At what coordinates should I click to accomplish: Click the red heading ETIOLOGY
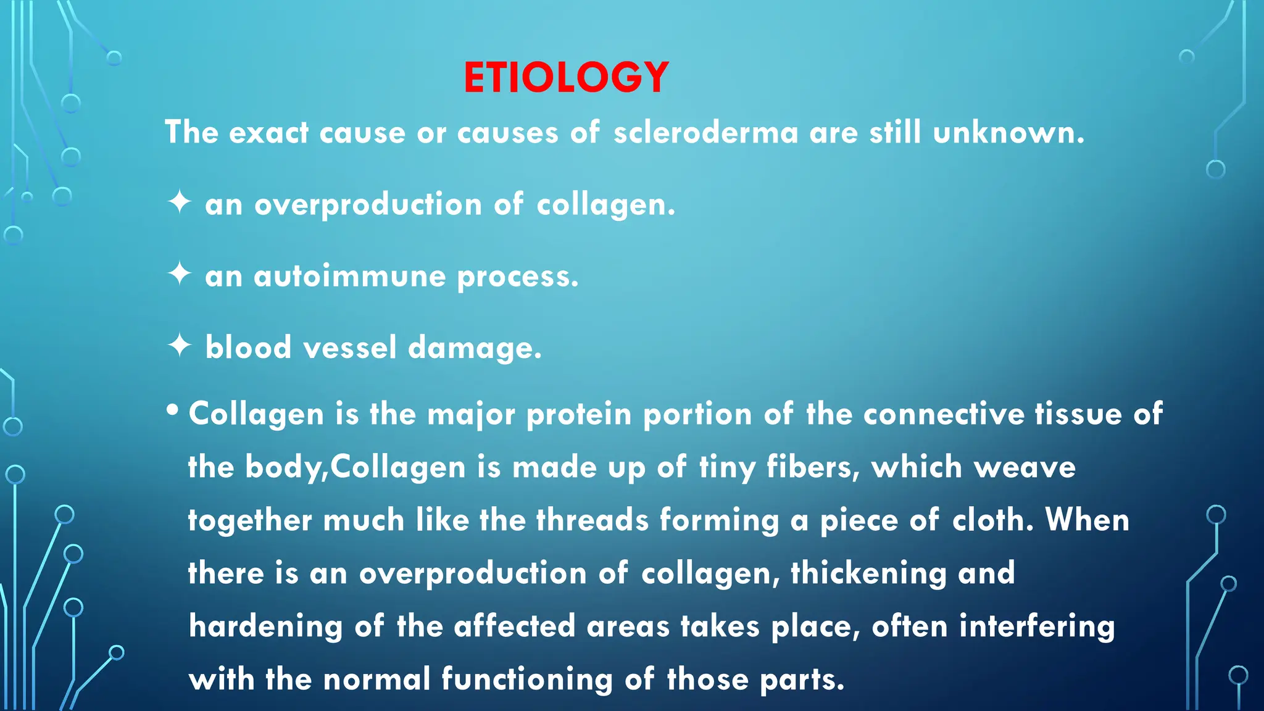566,78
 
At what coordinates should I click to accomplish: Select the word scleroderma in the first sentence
705,133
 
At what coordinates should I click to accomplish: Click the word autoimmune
349,276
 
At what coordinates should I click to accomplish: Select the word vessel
349,347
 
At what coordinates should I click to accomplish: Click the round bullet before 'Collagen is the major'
173,410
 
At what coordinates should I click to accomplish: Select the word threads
592,520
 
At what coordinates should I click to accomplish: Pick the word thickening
868,574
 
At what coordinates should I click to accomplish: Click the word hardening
265,627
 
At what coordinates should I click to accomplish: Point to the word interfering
1037,627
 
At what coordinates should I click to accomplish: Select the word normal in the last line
376,680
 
